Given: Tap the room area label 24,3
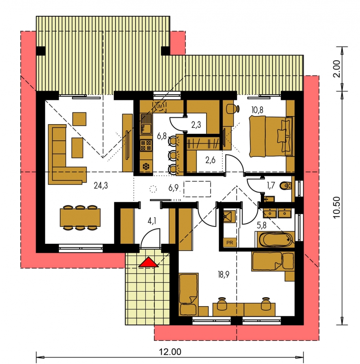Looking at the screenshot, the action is (101, 186).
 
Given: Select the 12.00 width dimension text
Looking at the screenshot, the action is (170, 352).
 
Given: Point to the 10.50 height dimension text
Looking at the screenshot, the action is (337, 208).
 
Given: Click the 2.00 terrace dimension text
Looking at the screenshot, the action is (337, 69).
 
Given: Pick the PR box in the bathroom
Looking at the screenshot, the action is (230, 243).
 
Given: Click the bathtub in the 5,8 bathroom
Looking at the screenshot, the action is (275, 239).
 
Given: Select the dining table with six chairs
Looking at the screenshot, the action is (80, 218).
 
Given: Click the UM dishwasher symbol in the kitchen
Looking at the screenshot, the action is (159, 106).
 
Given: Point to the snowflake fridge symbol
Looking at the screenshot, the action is (146, 167).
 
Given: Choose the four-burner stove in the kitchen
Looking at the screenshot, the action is (146, 146).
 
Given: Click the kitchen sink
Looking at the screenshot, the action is (146, 124).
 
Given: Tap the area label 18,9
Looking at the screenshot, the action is (224, 275).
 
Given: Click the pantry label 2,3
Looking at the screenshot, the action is (196, 125).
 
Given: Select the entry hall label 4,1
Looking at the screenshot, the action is (151, 221).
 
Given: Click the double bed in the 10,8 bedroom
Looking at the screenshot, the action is (271, 137).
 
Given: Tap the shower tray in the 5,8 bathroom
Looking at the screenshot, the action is (229, 217).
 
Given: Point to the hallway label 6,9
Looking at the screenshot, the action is (173, 188).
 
